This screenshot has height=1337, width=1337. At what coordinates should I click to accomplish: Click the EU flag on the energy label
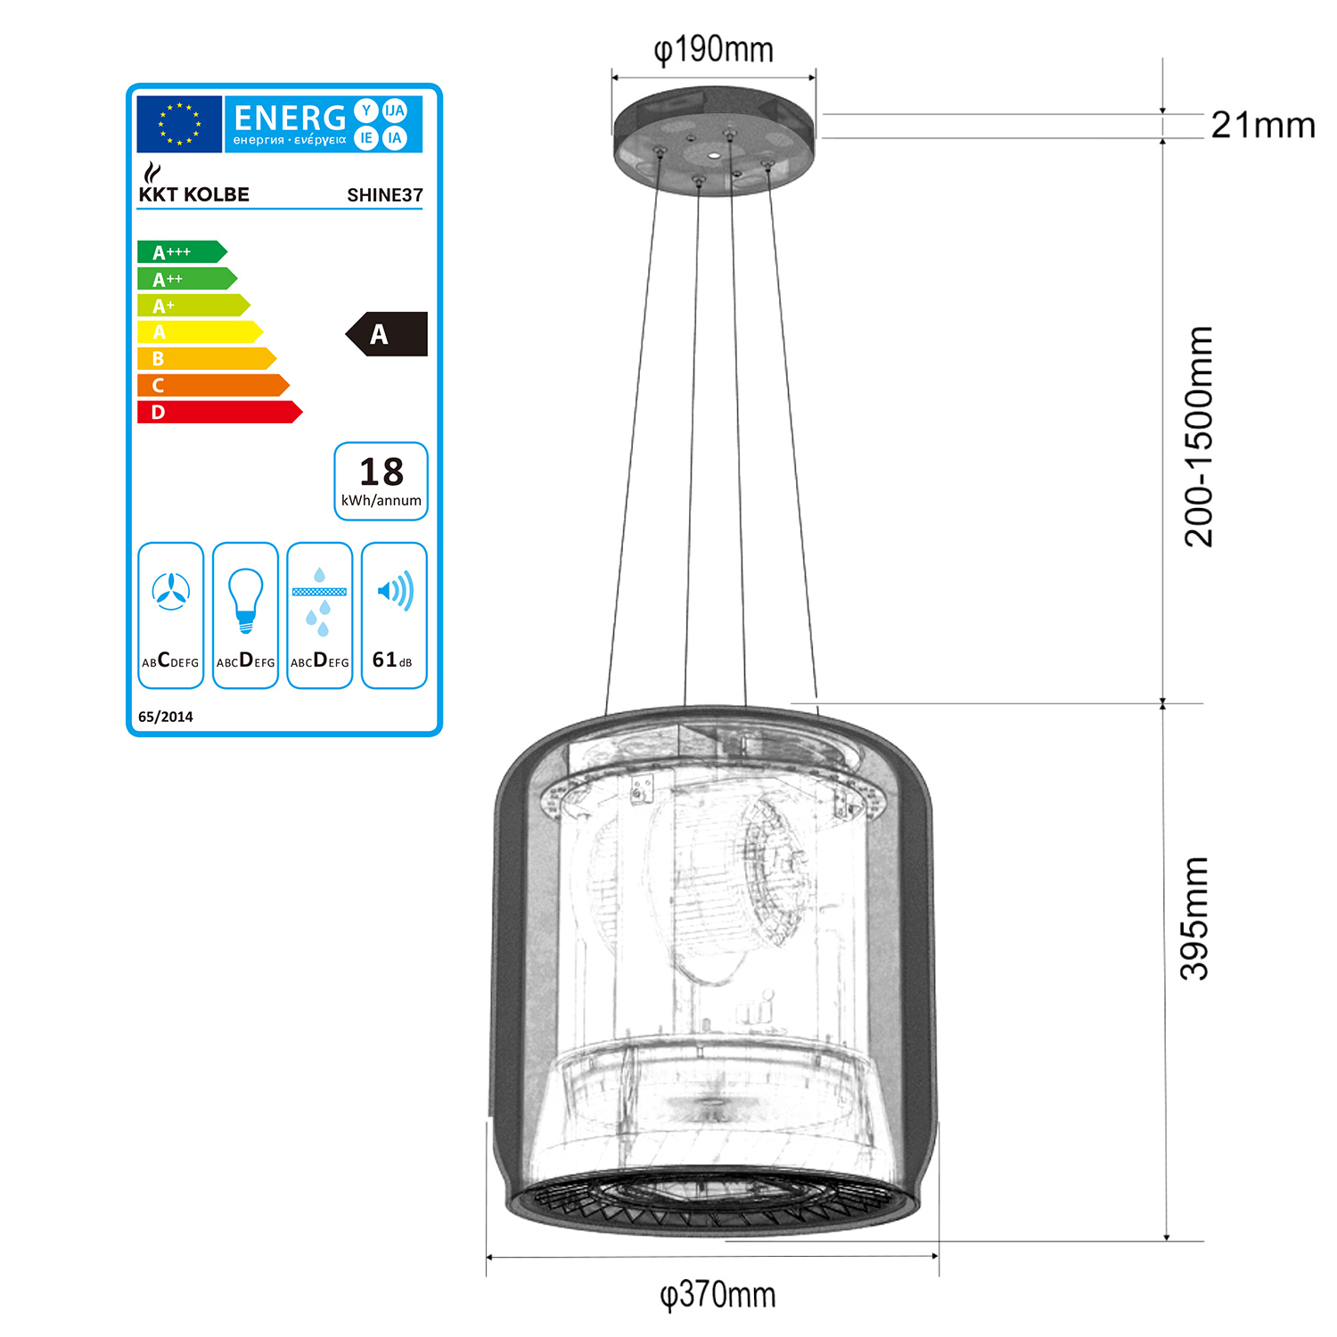point(179,124)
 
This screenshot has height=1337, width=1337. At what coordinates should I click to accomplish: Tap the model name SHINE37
point(385,195)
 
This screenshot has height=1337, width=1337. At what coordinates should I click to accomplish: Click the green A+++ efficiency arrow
point(182,252)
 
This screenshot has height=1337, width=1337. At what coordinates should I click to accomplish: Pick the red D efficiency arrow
point(219,412)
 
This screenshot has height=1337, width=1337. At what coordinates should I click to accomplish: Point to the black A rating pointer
point(387,334)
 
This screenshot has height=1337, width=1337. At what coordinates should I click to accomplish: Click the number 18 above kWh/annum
point(381,472)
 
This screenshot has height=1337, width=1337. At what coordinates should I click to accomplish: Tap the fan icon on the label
point(171,591)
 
